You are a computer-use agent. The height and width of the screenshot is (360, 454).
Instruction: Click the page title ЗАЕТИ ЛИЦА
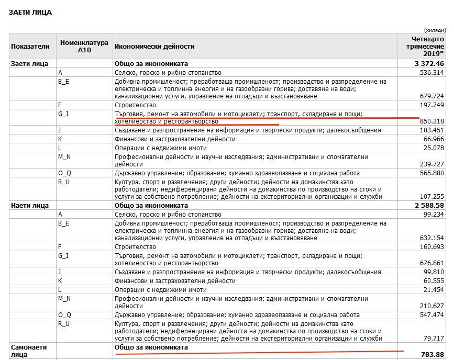[x=30, y=12]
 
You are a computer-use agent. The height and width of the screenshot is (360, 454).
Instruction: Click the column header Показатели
[x=30, y=46]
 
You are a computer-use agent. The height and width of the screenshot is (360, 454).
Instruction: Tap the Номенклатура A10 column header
[x=84, y=46]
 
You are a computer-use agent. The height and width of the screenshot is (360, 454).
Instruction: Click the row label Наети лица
[x=30, y=206]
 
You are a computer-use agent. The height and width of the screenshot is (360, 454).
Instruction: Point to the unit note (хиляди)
[x=435, y=30]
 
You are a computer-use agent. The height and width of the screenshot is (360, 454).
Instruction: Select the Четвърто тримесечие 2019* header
[x=425, y=46]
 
